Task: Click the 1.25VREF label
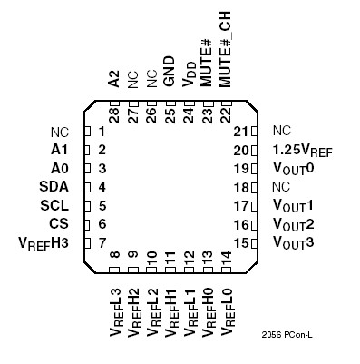302,150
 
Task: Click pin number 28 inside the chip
115,113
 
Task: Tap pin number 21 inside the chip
241,131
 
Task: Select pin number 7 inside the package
102,242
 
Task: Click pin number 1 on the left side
102,131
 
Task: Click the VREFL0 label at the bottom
226,309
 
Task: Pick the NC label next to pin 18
282,186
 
